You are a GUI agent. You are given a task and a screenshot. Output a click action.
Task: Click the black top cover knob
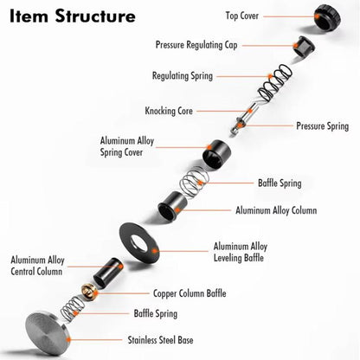point(327,17)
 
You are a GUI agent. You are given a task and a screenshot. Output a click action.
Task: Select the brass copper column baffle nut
point(89,292)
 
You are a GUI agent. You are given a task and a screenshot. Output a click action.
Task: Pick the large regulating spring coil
point(275,83)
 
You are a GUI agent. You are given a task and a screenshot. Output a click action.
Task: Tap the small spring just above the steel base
point(72,309)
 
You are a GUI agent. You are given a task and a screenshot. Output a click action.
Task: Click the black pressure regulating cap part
point(304,47)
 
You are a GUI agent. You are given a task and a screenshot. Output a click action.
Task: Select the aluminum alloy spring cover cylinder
point(217,154)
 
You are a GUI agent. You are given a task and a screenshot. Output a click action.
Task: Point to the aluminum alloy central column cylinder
point(108,273)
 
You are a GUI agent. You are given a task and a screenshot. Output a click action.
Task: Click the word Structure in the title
point(95,16)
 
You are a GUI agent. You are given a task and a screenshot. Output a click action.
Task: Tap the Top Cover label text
point(242,16)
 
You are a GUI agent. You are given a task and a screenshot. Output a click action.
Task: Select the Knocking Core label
point(169,111)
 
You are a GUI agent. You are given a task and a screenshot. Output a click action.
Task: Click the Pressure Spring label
point(323,126)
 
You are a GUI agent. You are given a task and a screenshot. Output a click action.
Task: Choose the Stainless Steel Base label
point(160,340)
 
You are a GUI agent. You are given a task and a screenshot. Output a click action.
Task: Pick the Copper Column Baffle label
point(190,293)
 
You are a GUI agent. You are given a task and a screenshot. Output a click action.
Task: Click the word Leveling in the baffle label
point(227,258)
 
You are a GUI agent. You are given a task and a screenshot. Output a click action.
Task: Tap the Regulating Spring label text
point(183,76)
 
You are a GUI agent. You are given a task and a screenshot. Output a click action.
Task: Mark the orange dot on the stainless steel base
point(68,339)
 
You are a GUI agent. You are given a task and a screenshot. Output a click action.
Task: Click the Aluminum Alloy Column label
point(276,210)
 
